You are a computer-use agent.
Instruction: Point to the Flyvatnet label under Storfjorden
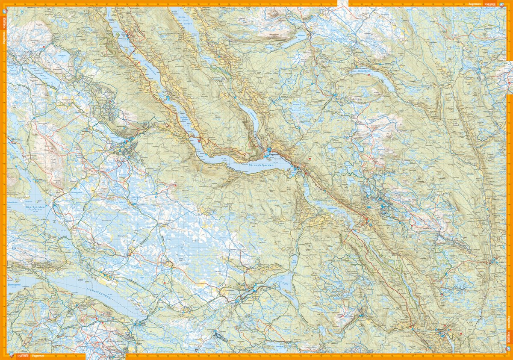click(x=36, y=211)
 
